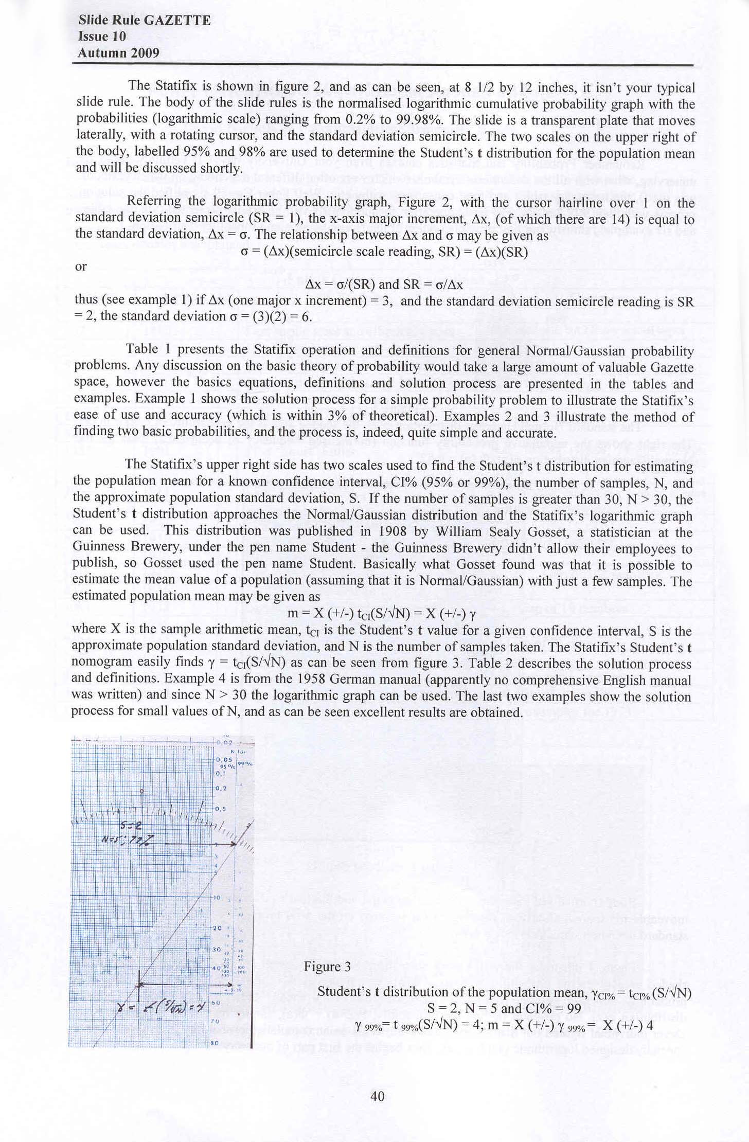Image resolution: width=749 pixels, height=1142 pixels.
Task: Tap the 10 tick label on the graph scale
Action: [217, 898]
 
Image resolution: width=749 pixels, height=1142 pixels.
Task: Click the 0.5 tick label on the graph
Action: [220, 809]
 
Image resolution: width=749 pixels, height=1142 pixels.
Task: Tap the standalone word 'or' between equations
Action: [81, 267]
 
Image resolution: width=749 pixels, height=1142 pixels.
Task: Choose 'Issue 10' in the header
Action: [102, 37]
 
